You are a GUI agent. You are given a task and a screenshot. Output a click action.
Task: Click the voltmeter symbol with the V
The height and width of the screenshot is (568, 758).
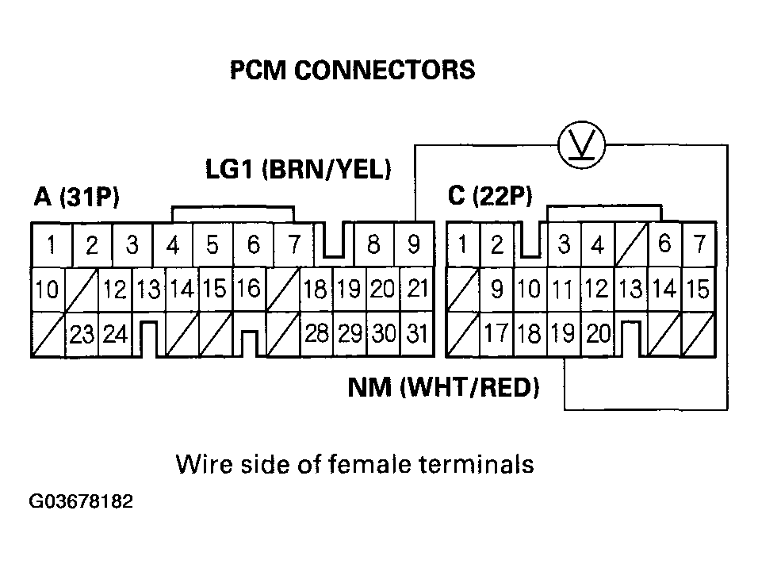point(582,144)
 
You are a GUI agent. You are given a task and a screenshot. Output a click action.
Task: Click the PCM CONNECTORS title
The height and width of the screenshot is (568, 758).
point(352,71)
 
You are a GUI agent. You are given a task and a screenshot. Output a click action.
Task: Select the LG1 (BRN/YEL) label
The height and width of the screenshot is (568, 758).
point(297,169)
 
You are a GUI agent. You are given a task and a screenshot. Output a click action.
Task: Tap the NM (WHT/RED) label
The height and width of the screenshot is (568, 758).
point(443,388)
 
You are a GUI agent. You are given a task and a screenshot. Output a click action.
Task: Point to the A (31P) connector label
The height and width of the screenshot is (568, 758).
point(77,198)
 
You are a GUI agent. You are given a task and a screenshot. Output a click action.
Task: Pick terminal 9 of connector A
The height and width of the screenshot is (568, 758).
point(414,245)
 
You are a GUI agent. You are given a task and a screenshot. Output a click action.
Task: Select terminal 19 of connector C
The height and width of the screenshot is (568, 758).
point(562,334)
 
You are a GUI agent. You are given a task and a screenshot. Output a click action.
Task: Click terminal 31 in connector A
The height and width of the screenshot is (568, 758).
point(415,334)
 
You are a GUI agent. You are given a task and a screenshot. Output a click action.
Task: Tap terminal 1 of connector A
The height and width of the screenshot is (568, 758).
point(51,245)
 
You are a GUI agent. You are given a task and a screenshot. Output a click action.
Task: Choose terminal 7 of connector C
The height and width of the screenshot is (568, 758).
point(699,244)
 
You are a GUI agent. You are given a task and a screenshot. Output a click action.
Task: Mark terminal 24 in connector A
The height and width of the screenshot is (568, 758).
point(115,335)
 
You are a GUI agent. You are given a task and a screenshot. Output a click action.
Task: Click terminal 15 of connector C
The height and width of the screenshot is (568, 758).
point(698,290)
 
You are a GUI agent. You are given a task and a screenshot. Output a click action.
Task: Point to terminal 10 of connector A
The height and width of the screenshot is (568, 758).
point(47,290)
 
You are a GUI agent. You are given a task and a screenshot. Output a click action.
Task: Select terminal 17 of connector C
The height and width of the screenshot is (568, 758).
point(496,334)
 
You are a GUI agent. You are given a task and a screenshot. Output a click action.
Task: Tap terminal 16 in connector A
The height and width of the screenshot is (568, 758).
point(248,289)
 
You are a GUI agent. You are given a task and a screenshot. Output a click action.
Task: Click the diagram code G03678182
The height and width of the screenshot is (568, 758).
point(81,502)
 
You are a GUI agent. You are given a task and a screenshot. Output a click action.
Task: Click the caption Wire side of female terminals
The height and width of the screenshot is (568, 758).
point(354,464)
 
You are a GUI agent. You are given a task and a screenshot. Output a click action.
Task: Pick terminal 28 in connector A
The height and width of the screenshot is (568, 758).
point(317,334)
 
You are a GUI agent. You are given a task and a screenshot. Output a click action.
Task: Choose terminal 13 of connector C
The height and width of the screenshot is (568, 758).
point(631,290)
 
